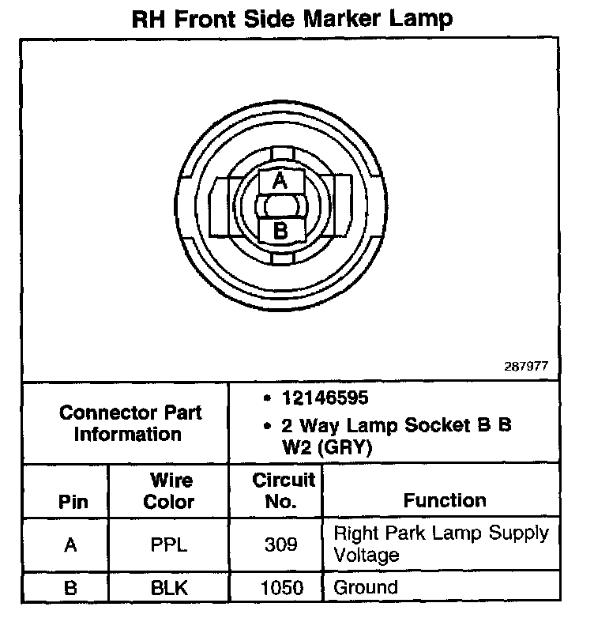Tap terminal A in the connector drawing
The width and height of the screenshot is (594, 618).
click(280, 181)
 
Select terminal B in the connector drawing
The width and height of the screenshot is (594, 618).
click(280, 231)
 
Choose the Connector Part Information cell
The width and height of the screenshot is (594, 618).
click(130, 424)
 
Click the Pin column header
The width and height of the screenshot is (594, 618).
click(73, 502)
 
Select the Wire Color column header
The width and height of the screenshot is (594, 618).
click(169, 491)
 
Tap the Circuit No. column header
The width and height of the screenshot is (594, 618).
click(284, 491)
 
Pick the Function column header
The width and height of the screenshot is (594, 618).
click(445, 500)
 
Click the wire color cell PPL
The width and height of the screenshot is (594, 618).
click(169, 545)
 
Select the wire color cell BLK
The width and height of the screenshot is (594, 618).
click(169, 587)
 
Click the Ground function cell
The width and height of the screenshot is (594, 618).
click(366, 587)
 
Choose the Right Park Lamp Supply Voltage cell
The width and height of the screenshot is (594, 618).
click(441, 543)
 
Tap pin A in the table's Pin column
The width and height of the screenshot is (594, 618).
click(71, 545)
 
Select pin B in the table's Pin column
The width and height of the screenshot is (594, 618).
click(71, 587)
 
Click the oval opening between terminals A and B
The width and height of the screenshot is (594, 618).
click(280, 207)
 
